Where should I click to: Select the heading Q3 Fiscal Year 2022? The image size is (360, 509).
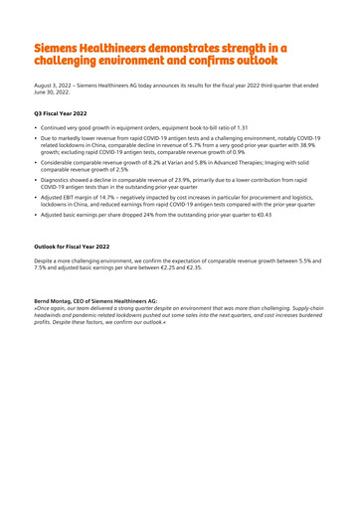(x=64, y=114)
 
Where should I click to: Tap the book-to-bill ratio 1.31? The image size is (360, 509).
(x=240, y=129)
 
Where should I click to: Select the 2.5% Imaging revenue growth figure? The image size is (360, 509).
(x=114, y=174)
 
